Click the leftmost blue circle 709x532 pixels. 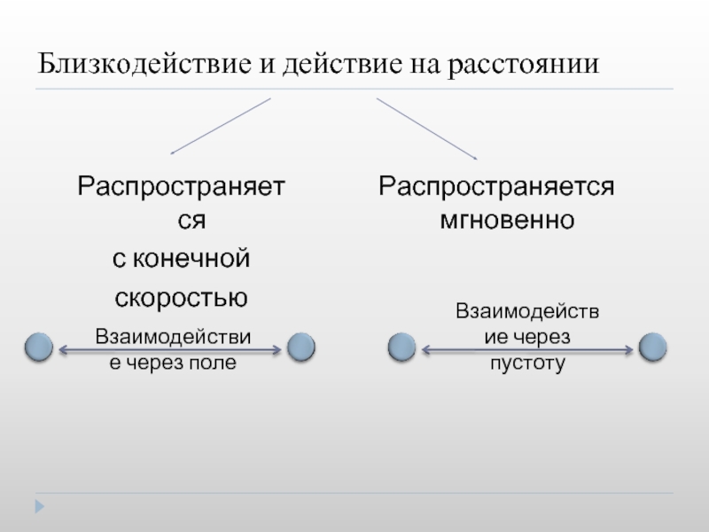click(x=38, y=348)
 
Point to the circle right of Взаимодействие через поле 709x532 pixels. click(x=301, y=348)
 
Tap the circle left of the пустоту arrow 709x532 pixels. click(x=402, y=348)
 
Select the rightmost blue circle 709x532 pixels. click(x=652, y=348)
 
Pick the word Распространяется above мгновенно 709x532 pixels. click(x=496, y=187)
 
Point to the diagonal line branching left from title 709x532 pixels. click(x=220, y=126)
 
